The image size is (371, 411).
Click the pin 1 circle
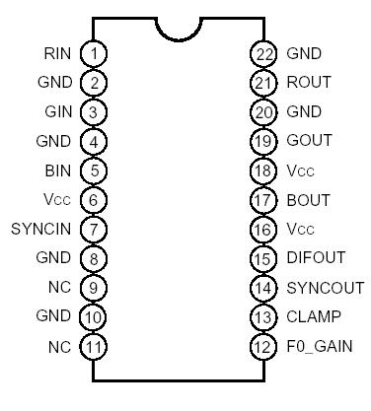94,52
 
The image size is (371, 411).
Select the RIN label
57,52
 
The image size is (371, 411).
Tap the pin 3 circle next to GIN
94,111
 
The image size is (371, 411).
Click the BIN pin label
58,170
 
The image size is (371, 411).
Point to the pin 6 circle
94,199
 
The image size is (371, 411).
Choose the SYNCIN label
41,229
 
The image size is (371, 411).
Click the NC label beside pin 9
60,288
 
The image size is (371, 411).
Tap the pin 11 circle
94,346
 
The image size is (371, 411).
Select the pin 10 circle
94,316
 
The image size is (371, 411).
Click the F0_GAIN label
320,346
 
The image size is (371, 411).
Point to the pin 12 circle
262,346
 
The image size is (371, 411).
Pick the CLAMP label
313,316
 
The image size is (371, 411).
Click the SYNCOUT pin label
321,287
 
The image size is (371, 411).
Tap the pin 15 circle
262,258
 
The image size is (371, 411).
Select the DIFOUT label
315,258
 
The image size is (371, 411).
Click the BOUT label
307,199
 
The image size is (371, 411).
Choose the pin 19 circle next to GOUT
262,141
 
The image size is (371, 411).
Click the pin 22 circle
262,52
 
